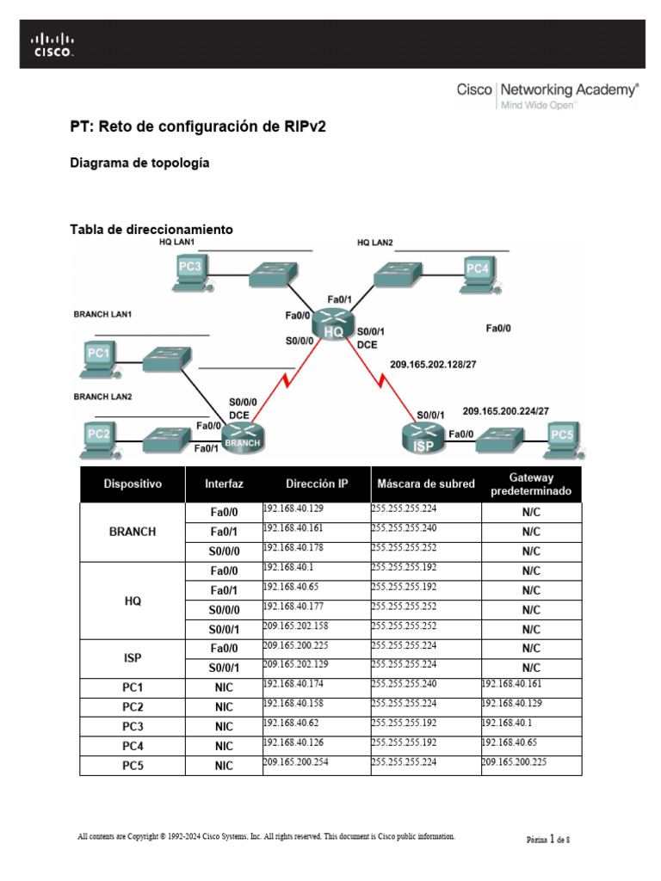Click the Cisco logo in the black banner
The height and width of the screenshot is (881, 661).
click(53, 45)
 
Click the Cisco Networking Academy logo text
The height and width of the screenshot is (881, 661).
click(547, 89)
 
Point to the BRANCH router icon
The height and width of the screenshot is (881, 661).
click(242, 440)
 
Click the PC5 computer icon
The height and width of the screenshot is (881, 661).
click(561, 438)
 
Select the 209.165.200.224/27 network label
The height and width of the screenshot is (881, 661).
click(505, 411)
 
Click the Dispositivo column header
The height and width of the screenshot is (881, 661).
click(133, 484)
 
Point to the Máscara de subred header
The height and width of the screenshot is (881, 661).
click(425, 484)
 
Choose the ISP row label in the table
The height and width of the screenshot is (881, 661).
click(133, 658)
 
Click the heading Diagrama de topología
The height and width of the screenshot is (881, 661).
click(139, 163)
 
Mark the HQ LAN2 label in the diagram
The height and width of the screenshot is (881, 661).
click(375, 243)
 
